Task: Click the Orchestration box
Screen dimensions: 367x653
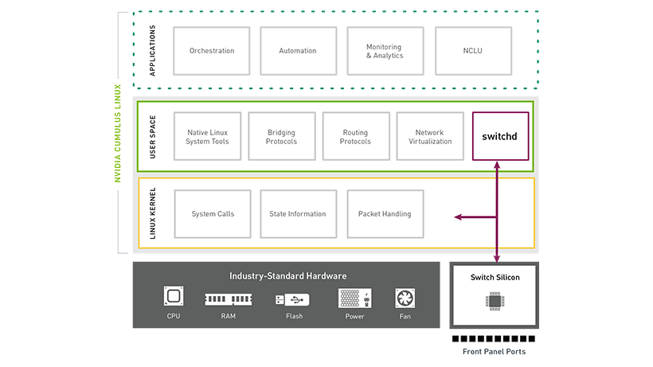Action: point(212,51)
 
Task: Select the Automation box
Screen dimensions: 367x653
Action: point(298,51)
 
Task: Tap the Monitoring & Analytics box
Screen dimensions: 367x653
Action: point(385,51)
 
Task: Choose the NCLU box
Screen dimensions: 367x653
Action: point(471,51)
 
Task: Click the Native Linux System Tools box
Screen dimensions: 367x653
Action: point(208,136)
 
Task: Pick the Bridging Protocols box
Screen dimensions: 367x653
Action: point(282,136)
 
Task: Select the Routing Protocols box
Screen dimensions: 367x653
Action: point(356,136)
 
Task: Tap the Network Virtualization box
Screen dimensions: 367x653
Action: point(429,136)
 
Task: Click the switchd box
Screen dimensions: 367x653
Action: point(499,136)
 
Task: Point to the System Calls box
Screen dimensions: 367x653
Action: point(213,213)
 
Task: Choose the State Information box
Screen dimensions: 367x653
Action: point(298,213)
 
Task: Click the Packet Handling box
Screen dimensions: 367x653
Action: point(385,213)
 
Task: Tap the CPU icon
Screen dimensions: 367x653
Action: point(174,298)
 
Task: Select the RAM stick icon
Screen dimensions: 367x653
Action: point(229,299)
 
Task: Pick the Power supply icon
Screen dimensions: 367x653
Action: point(354,299)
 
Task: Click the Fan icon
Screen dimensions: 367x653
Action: point(405,298)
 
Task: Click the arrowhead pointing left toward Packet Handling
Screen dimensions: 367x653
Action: point(458,217)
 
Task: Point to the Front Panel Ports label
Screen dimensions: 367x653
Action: point(494,351)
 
